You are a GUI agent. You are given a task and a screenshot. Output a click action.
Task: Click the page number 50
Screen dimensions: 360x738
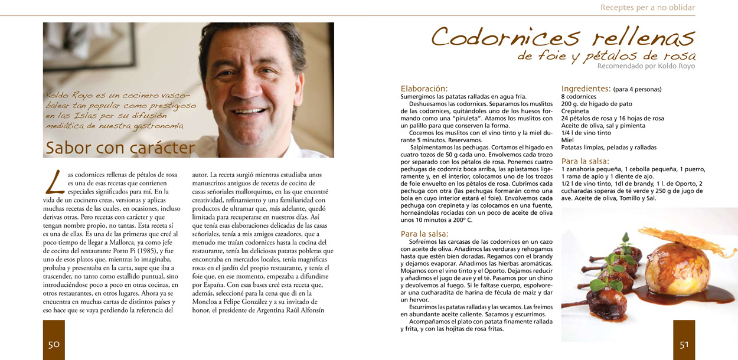(54, 345)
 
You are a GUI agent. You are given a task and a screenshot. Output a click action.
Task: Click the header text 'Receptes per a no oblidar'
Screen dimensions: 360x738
(647, 8)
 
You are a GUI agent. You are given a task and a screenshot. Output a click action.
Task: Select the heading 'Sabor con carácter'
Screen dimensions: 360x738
(120, 148)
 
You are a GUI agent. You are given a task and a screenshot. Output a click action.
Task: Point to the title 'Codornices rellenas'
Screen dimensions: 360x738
(563, 37)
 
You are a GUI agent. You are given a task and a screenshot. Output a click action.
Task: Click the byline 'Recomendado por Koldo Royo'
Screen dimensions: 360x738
(646, 66)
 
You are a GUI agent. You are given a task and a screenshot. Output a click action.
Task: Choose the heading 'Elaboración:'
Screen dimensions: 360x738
(424, 89)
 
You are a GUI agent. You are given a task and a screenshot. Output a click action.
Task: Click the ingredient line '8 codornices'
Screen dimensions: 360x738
(579, 97)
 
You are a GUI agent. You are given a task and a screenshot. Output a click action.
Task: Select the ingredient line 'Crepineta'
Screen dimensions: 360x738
(574, 111)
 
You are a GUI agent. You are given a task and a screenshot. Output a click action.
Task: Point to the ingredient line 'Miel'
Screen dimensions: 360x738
(567, 140)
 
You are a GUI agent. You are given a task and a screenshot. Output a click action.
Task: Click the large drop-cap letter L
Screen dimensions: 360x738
(54, 182)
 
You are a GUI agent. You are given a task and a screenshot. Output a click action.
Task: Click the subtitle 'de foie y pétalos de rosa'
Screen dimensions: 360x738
(606, 56)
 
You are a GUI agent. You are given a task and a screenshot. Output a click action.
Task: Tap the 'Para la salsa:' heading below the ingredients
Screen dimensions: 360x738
(585, 161)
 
